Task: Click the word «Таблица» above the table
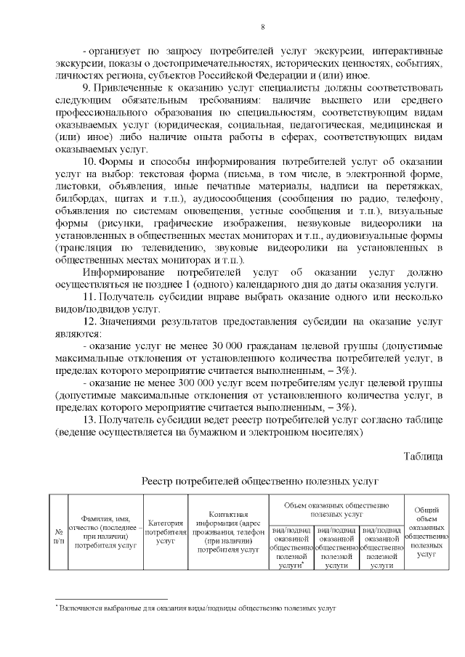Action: point(423,456)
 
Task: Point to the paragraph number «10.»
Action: point(90,160)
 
